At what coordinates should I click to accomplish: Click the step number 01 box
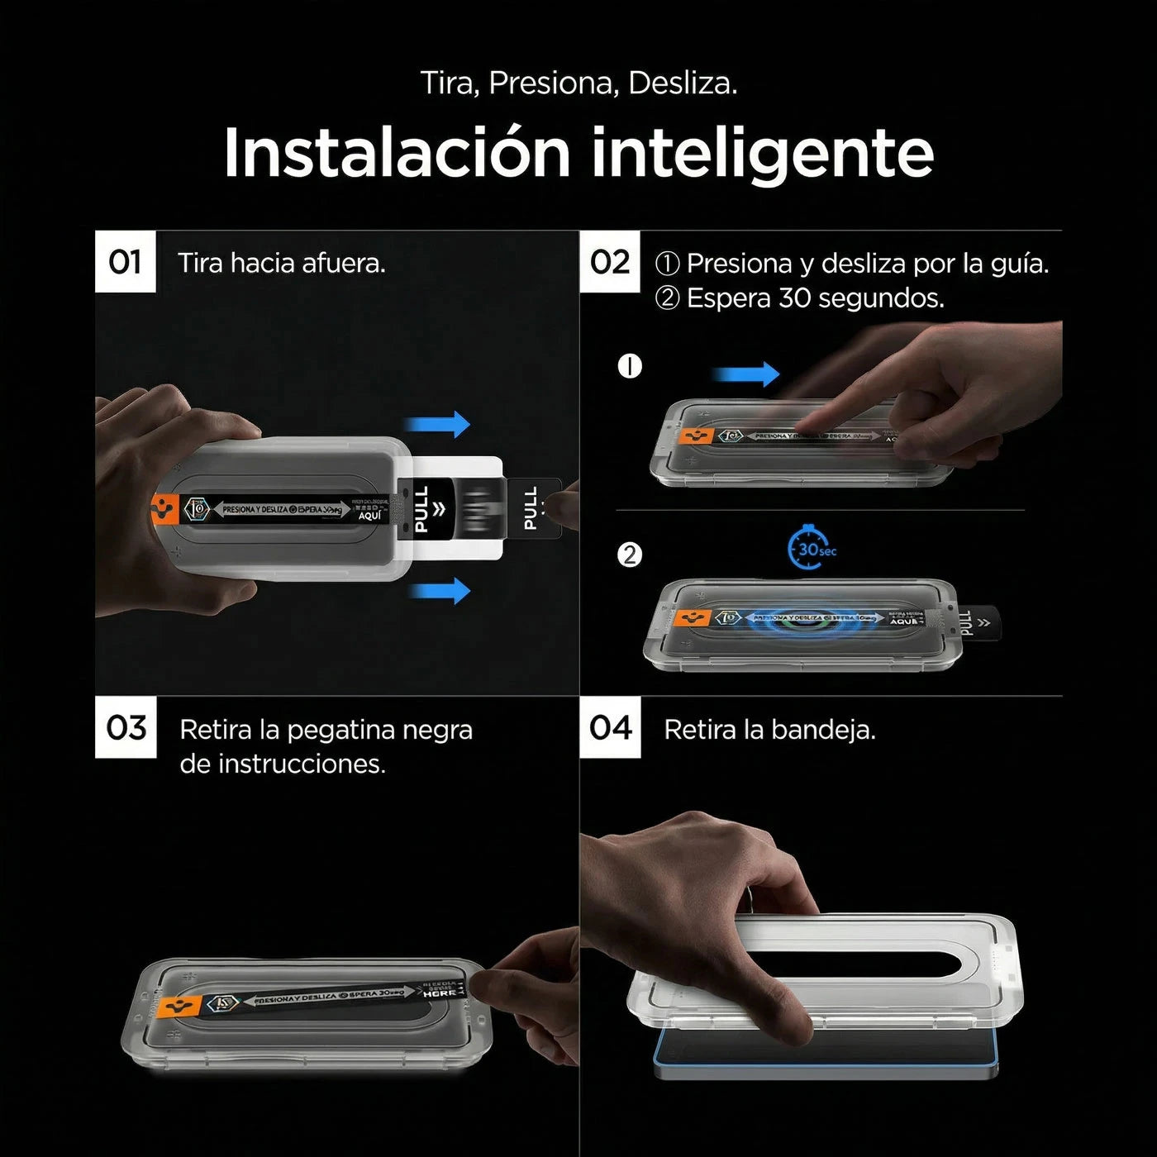[x=125, y=262]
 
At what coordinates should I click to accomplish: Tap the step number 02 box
[x=610, y=262]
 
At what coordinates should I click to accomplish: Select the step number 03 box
[x=126, y=727]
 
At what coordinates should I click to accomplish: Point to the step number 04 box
[x=610, y=727]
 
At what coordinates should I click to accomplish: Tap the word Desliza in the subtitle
[x=682, y=83]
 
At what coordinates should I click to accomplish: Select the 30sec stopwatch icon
[x=811, y=549]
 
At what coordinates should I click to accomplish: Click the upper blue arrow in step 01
[x=438, y=426]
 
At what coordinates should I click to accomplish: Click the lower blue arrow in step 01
[x=440, y=591]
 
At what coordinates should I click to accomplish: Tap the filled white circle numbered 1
[x=630, y=366]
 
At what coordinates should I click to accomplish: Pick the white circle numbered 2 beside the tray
[x=630, y=555]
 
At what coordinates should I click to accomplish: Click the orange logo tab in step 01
[x=166, y=509]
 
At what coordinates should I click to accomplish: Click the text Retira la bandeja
[x=769, y=730]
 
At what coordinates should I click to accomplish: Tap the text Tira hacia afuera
[x=282, y=264]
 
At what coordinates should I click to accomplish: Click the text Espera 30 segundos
[x=815, y=298]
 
